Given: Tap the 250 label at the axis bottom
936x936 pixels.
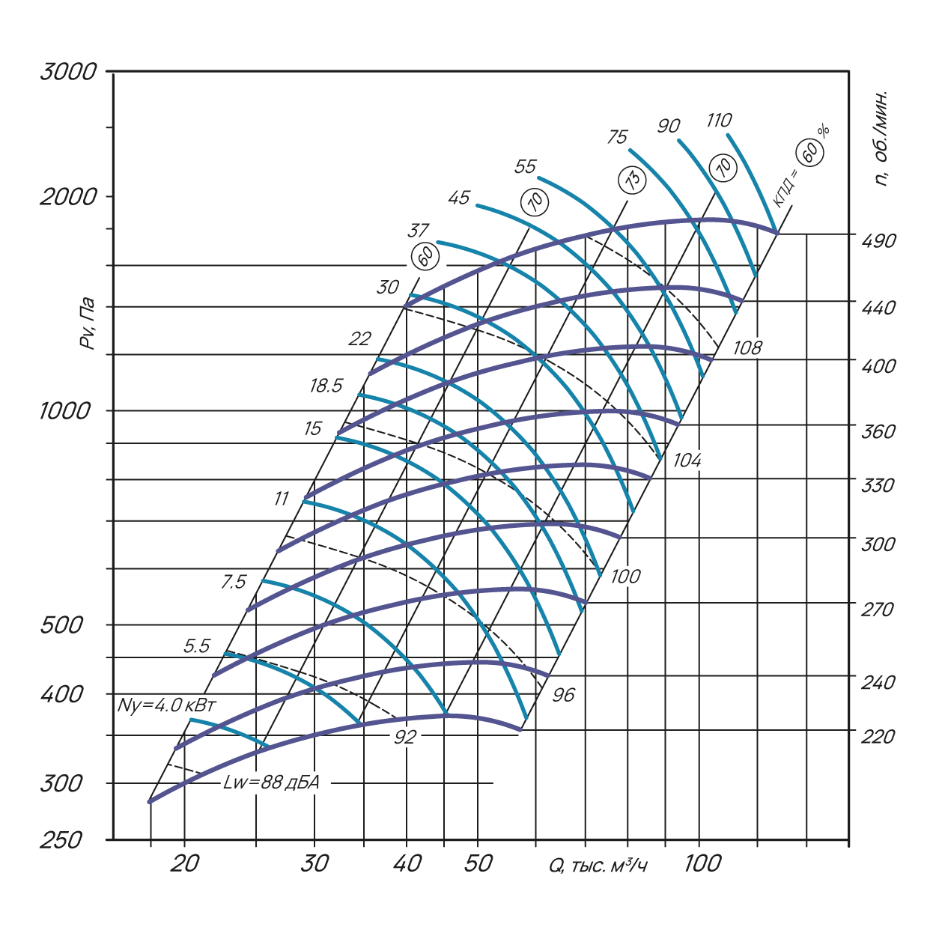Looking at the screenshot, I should coord(61,841).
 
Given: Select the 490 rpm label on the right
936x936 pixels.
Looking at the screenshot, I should coord(878,241).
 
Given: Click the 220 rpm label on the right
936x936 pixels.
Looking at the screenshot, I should coord(878,737).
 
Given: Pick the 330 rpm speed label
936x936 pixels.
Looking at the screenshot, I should coord(878,485).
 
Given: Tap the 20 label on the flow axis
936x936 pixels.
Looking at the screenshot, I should coord(184,864).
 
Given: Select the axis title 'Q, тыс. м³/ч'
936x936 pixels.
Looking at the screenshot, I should coord(598,866).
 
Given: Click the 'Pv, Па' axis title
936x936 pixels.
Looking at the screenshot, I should coord(89,323).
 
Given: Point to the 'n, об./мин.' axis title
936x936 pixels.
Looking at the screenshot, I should coord(884,139).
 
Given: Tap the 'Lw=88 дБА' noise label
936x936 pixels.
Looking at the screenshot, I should coord(272,783).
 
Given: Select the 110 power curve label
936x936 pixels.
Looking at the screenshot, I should coord(718,121).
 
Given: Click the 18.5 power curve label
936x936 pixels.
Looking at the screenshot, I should coord(326,386).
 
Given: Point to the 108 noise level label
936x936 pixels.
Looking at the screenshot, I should coord(747,347).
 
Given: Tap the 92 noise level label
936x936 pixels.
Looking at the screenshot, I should coord(404,737).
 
